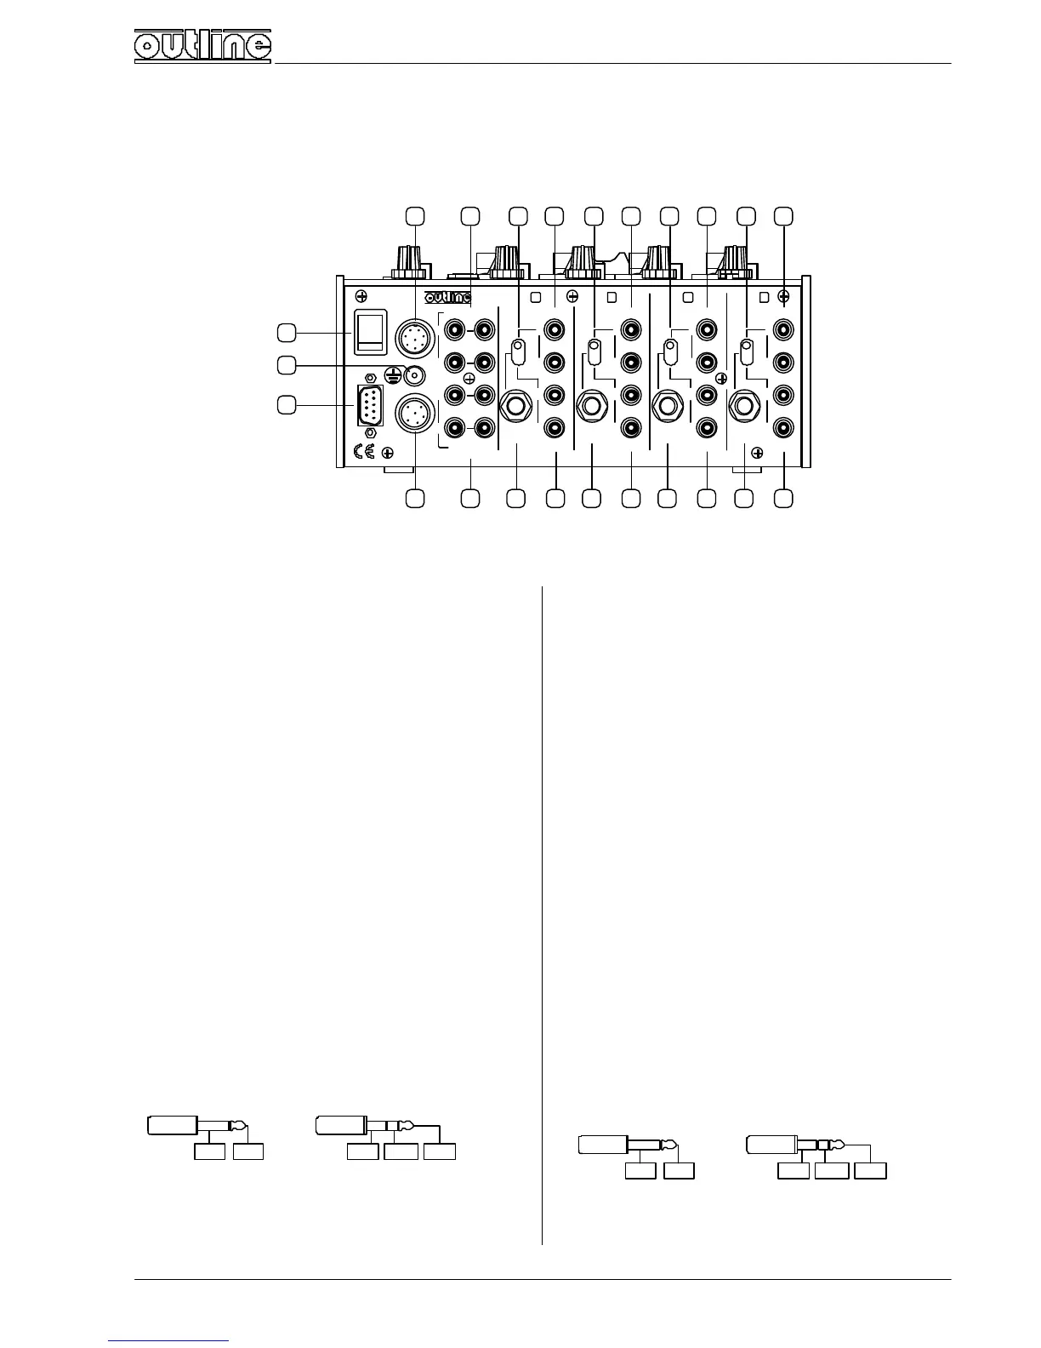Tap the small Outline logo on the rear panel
coord(447,297)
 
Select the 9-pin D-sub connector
coord(369,406)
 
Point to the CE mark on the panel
coord(363,451)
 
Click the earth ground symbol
coord(393,374)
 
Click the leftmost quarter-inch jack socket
coord(516,406)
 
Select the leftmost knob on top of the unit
coord(409,261)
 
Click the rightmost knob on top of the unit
coord(737,261)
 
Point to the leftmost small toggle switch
coord(516,351)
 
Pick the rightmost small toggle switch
coord(747,351)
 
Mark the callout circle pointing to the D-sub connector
coord(288,405)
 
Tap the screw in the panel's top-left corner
coord(361,296)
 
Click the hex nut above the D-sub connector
coord(369,378)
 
